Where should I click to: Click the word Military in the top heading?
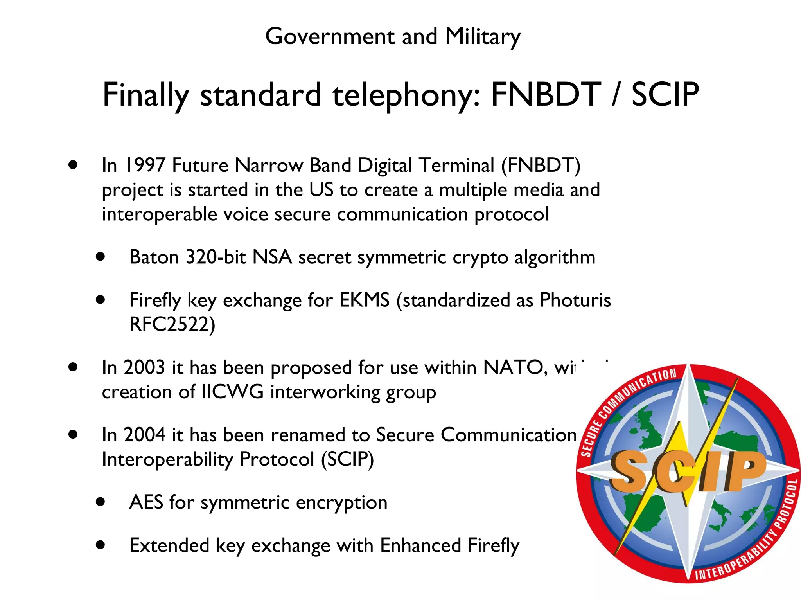point(483,37)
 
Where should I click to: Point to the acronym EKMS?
point(364,300)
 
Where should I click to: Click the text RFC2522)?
point(172,324)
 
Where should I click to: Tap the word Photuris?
point(575,300)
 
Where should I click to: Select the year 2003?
point(144,368)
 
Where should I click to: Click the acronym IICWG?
point(232,392)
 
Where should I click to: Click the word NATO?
point(513,368)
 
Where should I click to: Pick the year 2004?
point(144,435)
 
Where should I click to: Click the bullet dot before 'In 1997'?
point(73,165)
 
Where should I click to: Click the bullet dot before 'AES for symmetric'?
point(101,502)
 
